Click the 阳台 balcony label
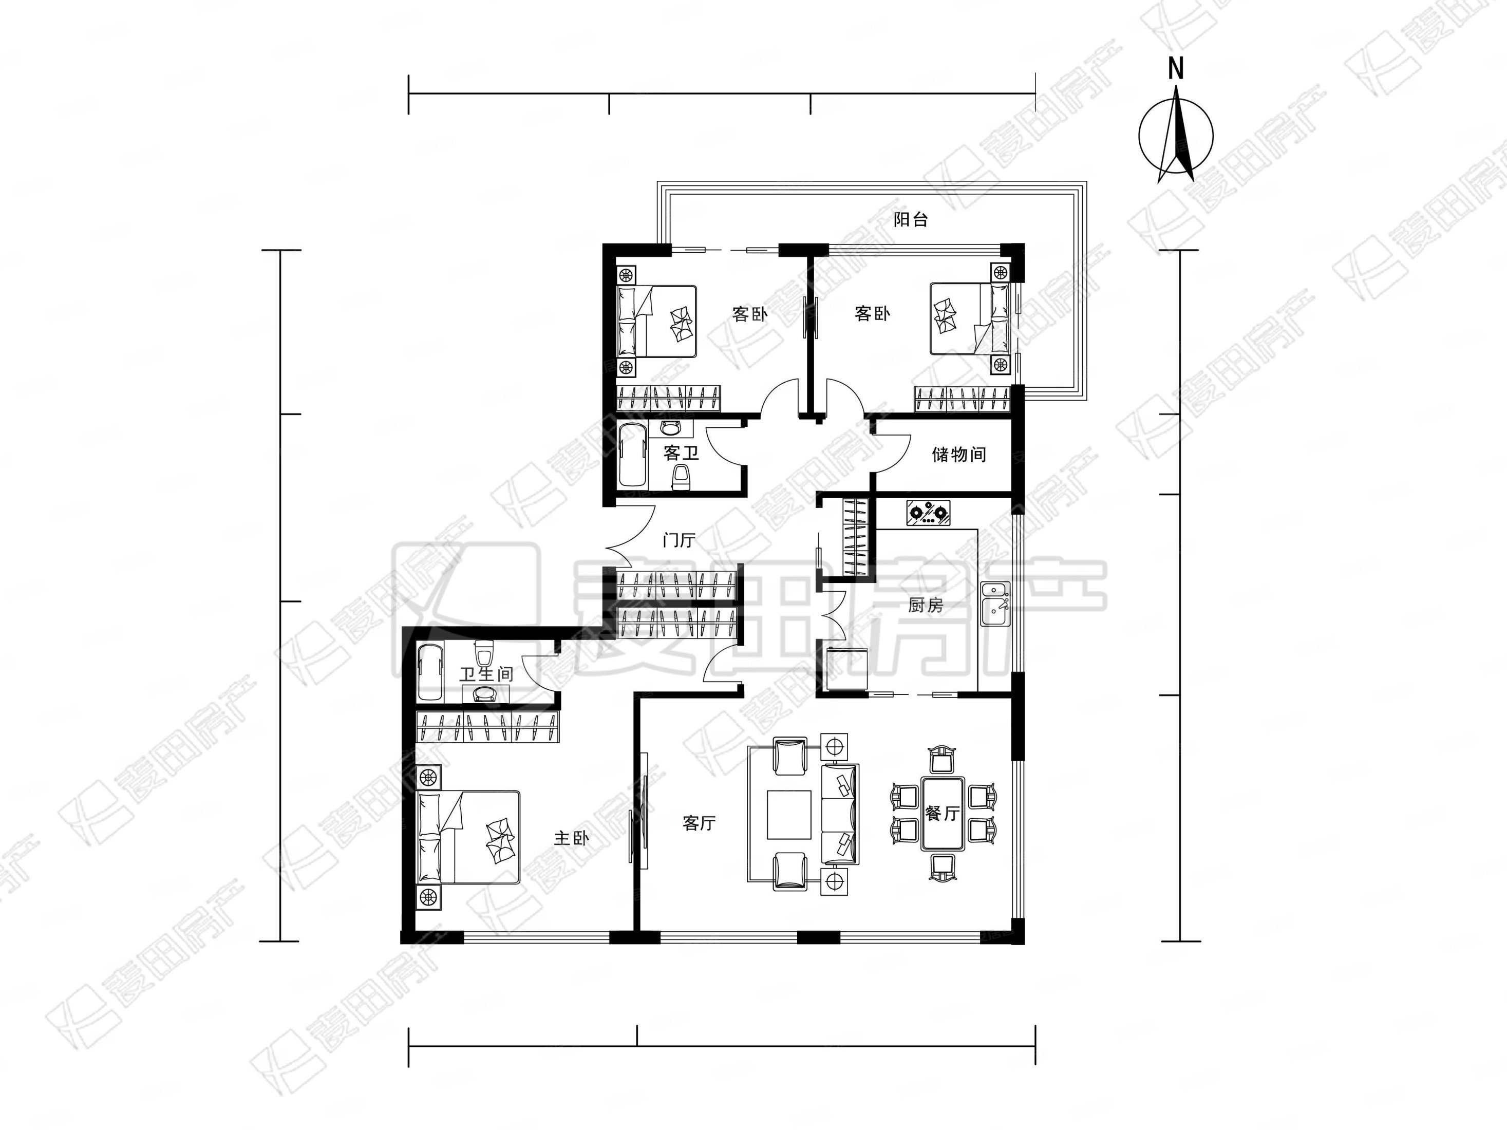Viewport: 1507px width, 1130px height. click(910, 219)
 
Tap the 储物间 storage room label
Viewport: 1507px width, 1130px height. click(958, 455)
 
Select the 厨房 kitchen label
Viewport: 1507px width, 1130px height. click(925, 605)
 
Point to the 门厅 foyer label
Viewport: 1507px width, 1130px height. click(679, 540)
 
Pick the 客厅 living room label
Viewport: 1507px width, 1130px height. click(699, 823)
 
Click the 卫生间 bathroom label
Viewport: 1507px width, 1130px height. click(486, 674)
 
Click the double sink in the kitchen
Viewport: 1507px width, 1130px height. click(995, 604)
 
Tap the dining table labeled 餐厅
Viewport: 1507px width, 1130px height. click(943, 813)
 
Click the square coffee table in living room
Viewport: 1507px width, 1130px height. click(789, 814)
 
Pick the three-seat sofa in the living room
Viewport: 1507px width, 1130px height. click(840, 814)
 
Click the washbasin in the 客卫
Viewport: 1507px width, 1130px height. click(671, 428)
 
